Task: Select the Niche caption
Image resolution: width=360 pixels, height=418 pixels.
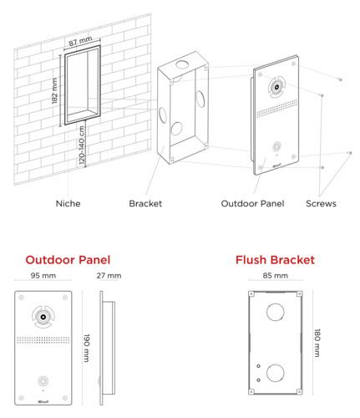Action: (x=68, y=203)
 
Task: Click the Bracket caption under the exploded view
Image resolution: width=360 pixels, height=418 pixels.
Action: (x=145, y=203)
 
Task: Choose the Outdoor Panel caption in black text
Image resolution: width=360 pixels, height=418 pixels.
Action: (x=253, y=203)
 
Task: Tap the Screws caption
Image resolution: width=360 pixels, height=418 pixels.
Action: (x=321, y=203)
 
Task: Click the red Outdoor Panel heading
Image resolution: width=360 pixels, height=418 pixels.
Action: (x=68, y=260)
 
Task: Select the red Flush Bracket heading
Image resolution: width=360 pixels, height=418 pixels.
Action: (x=276, y=260)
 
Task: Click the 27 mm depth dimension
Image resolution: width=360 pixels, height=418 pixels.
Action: (x=109, y=276)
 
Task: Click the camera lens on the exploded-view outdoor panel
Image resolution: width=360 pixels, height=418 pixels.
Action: (x=274, y=87)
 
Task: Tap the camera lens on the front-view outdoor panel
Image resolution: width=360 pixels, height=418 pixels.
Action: (x=42, y=315)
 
